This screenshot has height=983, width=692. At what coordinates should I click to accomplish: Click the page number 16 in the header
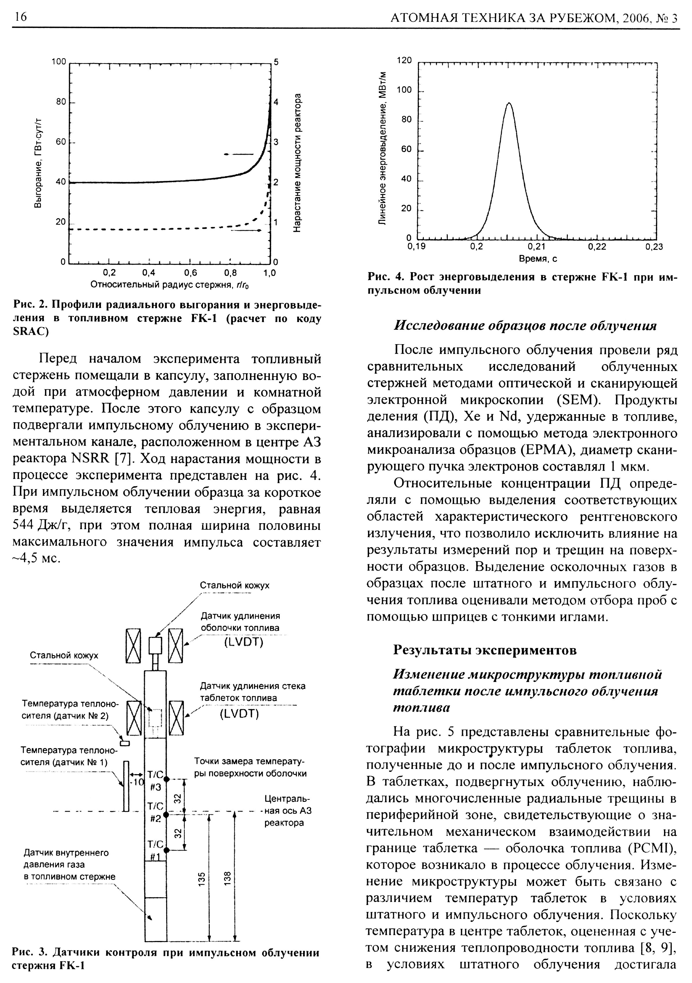[x=20, y=17]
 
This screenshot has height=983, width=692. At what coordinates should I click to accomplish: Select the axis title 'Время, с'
[x=538, y=259]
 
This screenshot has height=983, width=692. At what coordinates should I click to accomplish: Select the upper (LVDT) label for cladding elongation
[x=243, y=642]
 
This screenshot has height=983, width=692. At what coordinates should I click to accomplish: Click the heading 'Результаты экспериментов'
[x=485, y=650]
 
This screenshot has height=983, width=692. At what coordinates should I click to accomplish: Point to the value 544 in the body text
[x=24, y=525]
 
